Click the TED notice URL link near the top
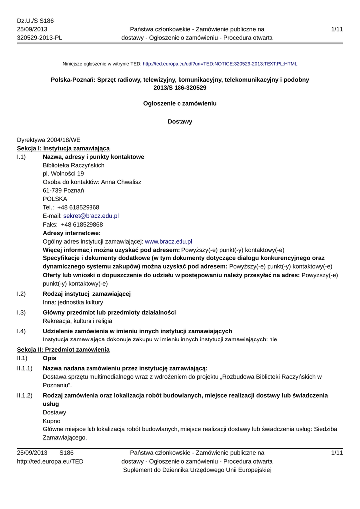pyautogui.click(x=220, y=64)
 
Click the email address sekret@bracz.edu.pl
pyautogui.click(x=91, y=216)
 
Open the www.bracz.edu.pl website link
pyautogui.click(x=168, y=241)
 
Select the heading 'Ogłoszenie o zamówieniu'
pyautogui.click(x=180, y=104)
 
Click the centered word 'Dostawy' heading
pyautogui.click(x=180, y=121)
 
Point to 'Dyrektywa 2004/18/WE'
pyautogui.click(x=48, y=140)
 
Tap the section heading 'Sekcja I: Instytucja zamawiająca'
pyautogui.click(x=64, y=148)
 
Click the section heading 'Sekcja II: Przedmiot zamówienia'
pyautogui.click(x=63, y=350)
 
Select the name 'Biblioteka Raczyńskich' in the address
pyautogui.click(x=74, y=165)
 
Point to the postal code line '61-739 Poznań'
pyautogui.click(x=63, y=191)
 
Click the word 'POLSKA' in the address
pyautogui.click(x=55, y=199)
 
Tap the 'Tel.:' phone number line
pyautogui.click(x=71, y=207)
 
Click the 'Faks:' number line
pyautogui.click(x=73, y=225)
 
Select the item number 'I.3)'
pyautogui.click(x=21, y=312)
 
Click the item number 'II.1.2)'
pyautogui.click(x=24, y=395)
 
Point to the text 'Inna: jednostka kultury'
pyautogui.click(x=73, y=302)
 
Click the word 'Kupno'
pyautogui.click(x=52, y=421)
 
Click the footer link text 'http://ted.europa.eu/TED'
pyautogui.click(x=50, y=461)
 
